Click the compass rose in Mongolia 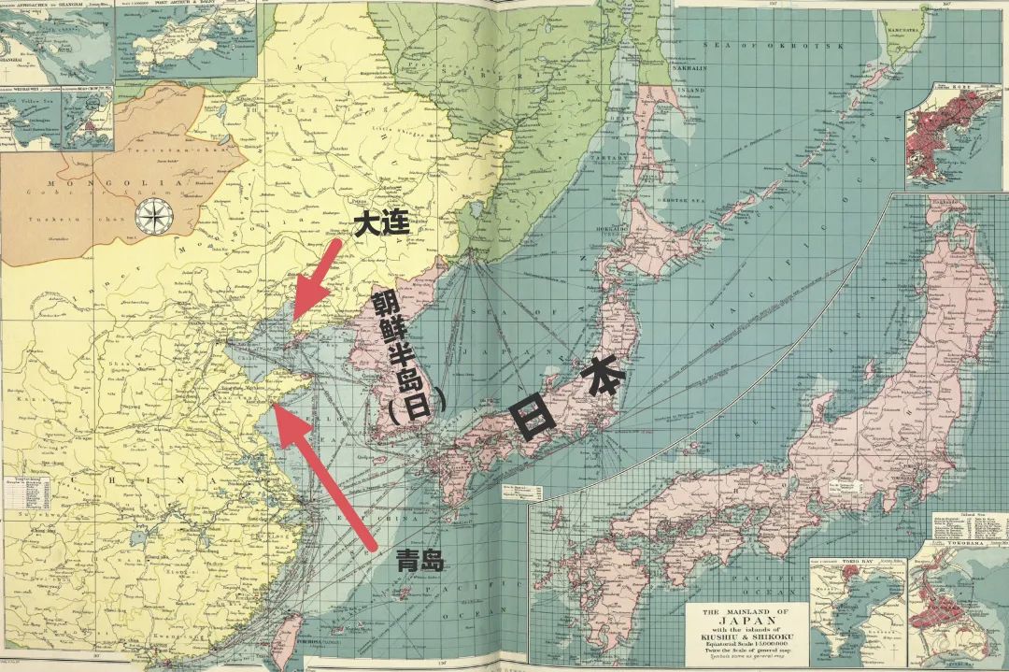coord(149,216)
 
